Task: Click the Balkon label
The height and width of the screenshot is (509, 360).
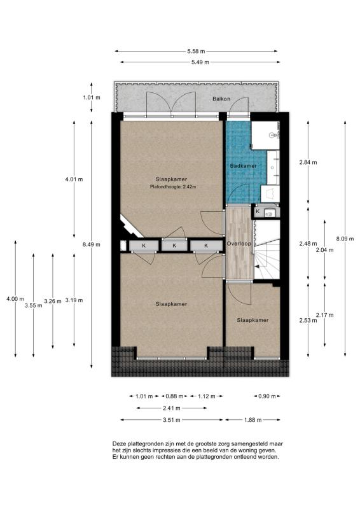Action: (221, 99)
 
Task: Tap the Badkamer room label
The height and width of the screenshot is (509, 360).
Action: (243, 166)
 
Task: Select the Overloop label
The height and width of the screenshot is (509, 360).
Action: (239, 244)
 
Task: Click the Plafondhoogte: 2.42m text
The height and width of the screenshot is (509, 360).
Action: (173, 186)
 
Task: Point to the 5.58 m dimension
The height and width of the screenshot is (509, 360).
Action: (196, 51)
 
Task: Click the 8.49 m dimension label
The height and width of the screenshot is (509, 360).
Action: (91, 244)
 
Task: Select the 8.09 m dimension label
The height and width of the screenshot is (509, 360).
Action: (345, 239)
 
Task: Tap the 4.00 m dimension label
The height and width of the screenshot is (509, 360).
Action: (15, 299)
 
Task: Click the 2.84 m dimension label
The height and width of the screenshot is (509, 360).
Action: (308, 162)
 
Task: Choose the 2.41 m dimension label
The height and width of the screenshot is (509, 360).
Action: (171, 408)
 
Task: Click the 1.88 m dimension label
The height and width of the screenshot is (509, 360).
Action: (253, 420)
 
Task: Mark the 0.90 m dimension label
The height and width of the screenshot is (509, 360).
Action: (267, 396)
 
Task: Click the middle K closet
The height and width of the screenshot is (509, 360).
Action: (174, 246)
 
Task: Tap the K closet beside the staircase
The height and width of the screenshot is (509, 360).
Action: (258, 212)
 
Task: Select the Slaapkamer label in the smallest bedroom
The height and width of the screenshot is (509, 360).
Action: (253, 321)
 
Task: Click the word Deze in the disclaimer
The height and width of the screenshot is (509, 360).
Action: (119, 443)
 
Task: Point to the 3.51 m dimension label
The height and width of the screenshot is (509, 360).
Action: (171, 420)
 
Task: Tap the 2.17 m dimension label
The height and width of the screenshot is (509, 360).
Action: (324, 315)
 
